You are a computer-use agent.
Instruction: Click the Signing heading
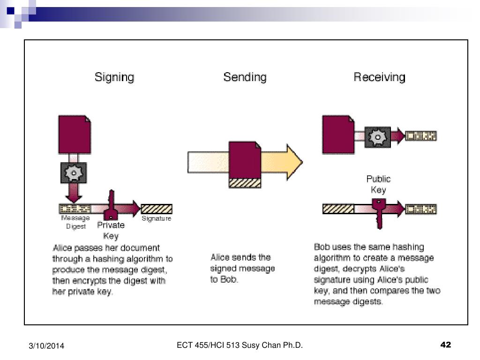pos(114,77)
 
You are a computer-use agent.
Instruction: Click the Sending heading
pos(245,77)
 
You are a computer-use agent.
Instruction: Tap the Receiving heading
pos(379,77)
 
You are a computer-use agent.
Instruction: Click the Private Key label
pos(111,230)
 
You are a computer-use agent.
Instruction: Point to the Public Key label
pos(378,184)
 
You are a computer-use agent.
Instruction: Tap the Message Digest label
pos(75,222)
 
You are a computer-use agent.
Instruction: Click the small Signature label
pos(156,219)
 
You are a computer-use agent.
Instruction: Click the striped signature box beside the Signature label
pos(157,209)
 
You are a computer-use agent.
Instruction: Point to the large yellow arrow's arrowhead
pos(293,162)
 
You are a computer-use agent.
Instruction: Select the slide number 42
pos(445,345)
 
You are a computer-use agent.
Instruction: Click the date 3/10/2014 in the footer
pos(45,346)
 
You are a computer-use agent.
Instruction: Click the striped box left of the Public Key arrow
pos(338,209)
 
